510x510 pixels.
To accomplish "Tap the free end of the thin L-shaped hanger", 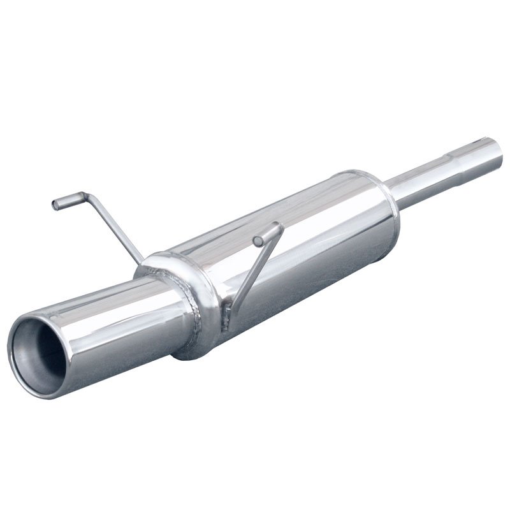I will point(56,205).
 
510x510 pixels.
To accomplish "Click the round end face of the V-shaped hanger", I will point(257,241).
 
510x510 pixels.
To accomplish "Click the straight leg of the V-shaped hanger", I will point(252,271).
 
